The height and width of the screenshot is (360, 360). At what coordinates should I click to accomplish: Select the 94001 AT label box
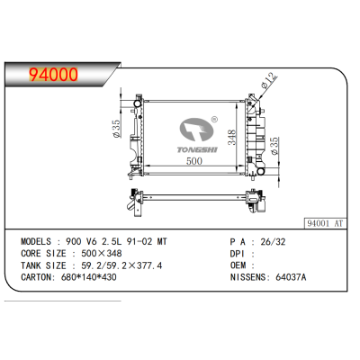325,220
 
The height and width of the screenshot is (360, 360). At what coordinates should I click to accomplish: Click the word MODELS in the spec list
39,242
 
